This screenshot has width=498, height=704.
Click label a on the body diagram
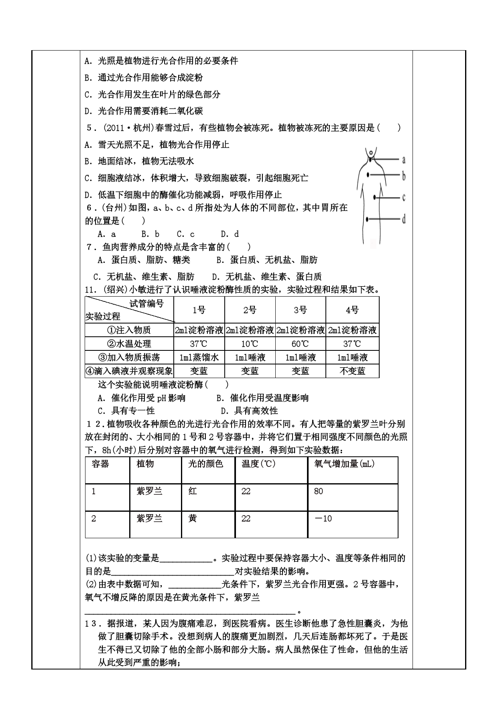click(x=403, y=160)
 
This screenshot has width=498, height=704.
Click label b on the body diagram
click(x=404, y=175)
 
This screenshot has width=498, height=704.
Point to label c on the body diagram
click(x=403, y=197)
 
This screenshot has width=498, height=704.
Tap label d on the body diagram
click(x=403, y=219)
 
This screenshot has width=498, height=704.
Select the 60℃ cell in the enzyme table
click(x=300, y=344)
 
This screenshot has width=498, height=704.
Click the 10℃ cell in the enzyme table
click(x=250, y=344)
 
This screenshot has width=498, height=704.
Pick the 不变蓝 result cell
click(x=352, y=371)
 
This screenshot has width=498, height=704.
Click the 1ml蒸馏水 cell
click(x=199, y=358)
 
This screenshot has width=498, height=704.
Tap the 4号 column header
click(x=352, y=310)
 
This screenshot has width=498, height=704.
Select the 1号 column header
click(x=199, y=310)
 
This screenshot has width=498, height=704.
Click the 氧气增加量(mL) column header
click(x=344, y=464)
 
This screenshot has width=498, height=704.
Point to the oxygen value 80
click(x=319, y=491)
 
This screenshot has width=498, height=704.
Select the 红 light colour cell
click(x=193, y=491)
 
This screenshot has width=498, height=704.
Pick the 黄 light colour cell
click(x=193, y=519)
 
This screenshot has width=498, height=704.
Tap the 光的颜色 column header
click(x=205, y=464)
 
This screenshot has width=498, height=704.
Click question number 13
click(x=91, y=624)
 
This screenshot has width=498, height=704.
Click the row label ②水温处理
click(x=129, y=344)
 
